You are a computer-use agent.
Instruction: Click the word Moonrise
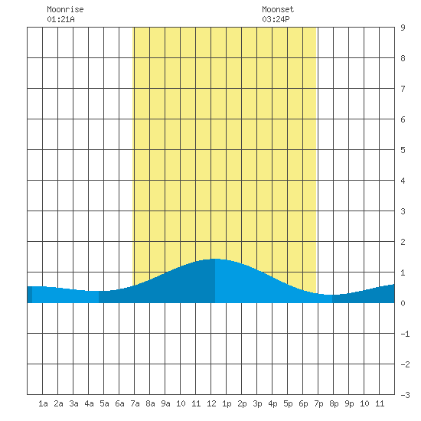65,9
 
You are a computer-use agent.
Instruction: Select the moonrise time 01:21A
60,19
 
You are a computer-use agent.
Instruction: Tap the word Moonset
278,9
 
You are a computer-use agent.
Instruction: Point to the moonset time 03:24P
276,19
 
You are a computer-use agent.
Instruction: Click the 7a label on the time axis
135,403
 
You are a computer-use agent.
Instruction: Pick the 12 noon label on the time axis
211,403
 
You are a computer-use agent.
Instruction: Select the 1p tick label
227,404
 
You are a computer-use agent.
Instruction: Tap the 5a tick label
104,403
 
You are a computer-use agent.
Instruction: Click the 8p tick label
334,404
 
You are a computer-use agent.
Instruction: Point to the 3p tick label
257,404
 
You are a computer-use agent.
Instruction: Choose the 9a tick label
165,403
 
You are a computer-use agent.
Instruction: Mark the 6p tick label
303,404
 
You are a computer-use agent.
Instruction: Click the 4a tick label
89,403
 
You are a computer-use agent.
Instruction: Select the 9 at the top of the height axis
403,28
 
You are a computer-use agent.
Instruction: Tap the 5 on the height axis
403,150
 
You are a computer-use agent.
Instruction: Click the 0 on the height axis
403,303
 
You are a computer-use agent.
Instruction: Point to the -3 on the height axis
405,395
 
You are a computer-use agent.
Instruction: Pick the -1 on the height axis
405,334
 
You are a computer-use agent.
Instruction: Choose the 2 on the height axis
403,242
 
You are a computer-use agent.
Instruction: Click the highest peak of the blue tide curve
215,259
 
